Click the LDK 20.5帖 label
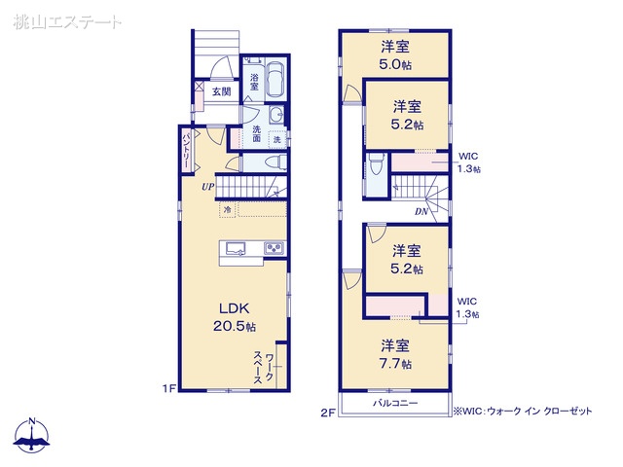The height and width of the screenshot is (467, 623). point(235,317)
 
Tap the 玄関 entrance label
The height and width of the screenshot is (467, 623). point(221,91)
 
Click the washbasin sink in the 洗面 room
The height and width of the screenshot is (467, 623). point(275,116)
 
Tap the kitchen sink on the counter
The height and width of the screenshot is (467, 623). point(236,249)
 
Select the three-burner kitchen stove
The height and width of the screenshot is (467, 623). point(275,249)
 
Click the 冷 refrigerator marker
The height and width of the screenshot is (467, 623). point(228,209)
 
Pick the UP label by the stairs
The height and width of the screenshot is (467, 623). point(207,187)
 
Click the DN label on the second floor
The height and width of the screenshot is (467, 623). point(421,212)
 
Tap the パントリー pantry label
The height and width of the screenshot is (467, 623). point(186,149)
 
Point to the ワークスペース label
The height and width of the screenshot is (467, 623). point(264,367)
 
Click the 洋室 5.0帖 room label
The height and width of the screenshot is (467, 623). point(395,55)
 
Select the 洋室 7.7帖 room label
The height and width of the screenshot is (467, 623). point(395,354)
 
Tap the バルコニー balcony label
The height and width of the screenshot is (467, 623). point(395,404)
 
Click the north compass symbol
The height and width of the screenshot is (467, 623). point(32,436)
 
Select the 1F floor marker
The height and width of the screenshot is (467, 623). point(168,388)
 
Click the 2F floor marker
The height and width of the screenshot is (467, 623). point(328,413)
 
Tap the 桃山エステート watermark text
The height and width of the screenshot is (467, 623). point(67,21)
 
